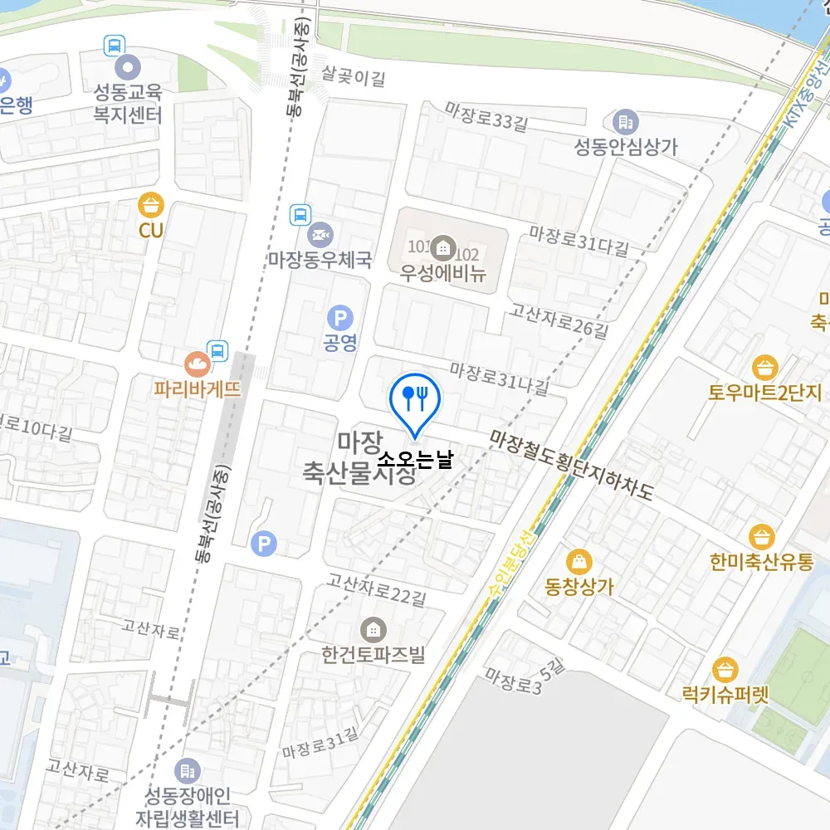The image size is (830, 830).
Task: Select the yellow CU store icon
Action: tap(151, 204)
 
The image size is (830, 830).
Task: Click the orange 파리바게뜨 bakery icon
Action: tap(198, 362)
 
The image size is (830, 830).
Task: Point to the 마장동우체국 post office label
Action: tap(320, 260)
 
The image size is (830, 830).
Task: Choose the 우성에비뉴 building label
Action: tap(442, 273)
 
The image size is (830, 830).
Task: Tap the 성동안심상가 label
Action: tap(626, 147)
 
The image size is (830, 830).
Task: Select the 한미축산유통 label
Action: tap(761, 562)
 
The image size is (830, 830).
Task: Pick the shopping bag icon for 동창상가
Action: tap(579, 561)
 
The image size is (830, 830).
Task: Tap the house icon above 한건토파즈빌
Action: tap(373, 629)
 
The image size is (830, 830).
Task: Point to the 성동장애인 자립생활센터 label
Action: tap(187, 804)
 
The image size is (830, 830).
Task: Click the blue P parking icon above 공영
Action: tap(339, 317)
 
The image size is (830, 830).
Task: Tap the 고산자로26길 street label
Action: tap(559, 322)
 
